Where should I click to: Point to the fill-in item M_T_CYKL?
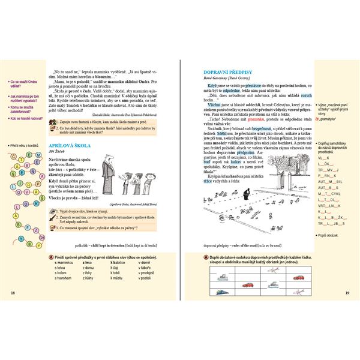(x=329, y=194)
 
